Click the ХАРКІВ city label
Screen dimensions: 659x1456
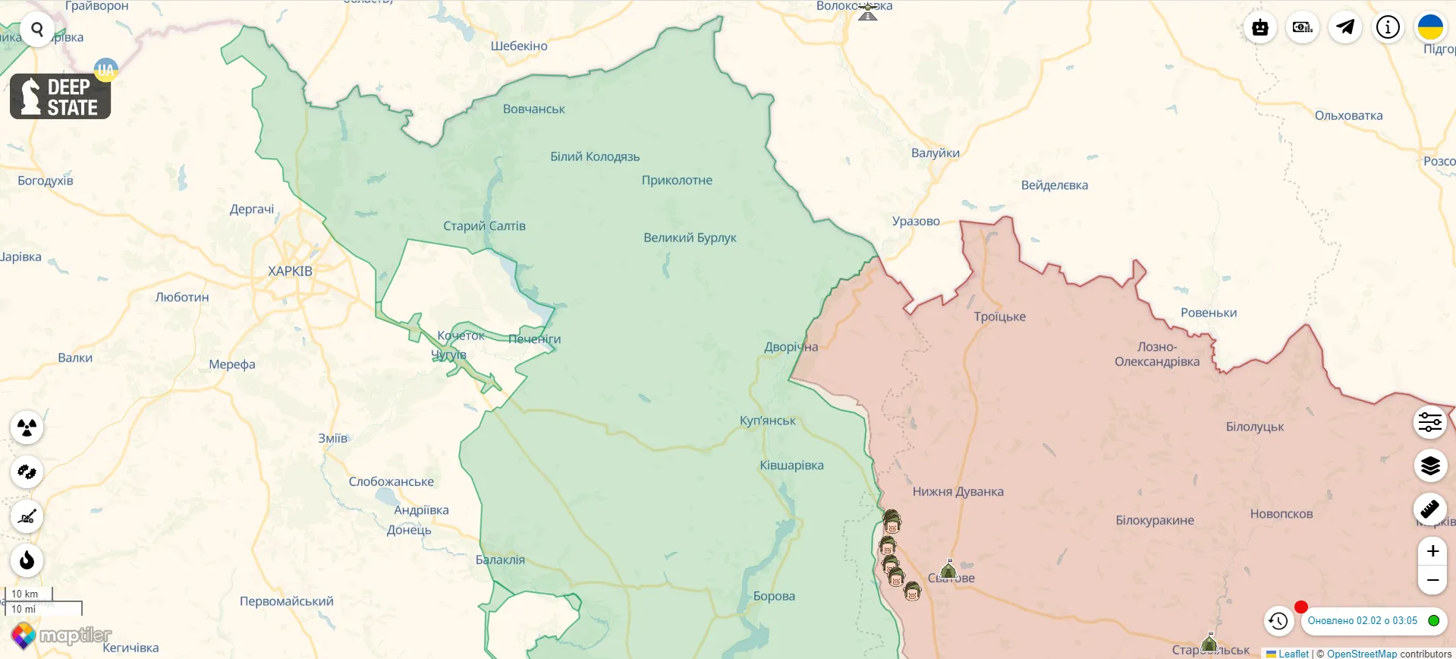pos(290,271)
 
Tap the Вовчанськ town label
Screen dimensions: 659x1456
pos(533,109)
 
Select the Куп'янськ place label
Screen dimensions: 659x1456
pos(767,421)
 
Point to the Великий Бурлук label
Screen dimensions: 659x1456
pos(689,238)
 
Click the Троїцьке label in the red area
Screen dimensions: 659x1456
pos(999,317)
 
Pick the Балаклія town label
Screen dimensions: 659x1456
pos(500,560)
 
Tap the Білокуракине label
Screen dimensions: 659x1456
pos(1154,520)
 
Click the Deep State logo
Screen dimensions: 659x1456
pos(61,96)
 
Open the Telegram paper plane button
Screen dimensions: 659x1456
pos(1345,27)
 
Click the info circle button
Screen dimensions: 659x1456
pos(1388,27)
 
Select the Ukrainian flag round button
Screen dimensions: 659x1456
pos(1430,27)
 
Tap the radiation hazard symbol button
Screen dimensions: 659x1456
pos(27,427)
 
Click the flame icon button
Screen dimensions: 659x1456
pos(27,561)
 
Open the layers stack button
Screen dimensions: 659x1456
pos(1430,465)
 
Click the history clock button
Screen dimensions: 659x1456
pos(1278,621)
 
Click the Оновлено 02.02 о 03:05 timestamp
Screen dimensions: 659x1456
pos(1362,621)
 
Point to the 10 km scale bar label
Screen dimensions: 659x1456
pos(25,594)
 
